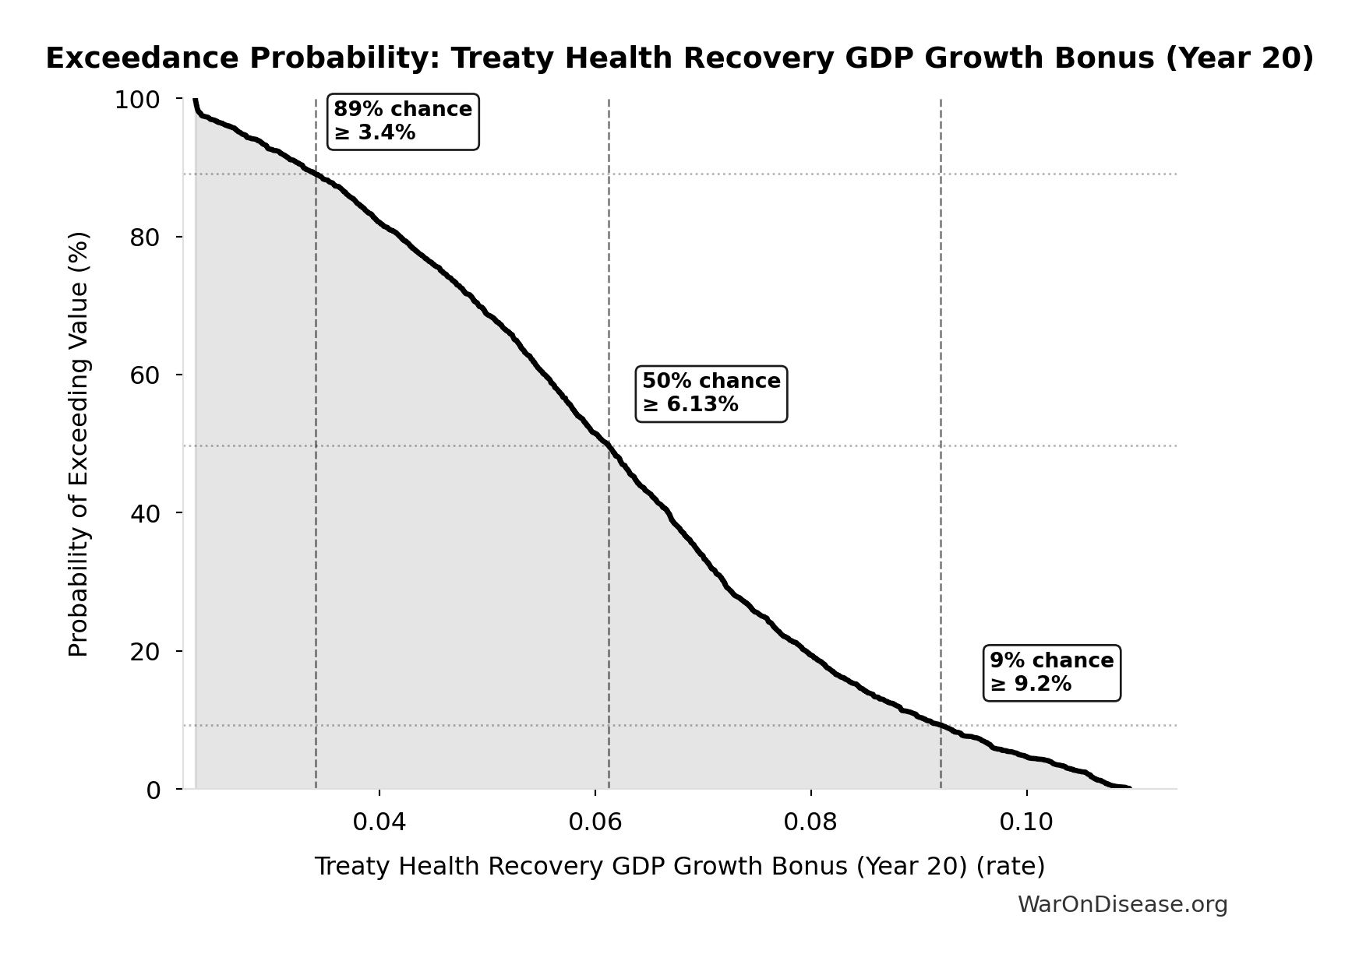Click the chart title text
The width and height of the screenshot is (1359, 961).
[x=679, y=58]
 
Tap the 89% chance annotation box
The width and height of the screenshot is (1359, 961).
[x=402, y=121]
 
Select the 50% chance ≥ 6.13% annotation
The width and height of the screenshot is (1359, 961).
[x=711, y=393]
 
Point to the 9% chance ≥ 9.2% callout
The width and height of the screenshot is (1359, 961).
[x=1051, y=673]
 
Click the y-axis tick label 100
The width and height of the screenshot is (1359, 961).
[x=137, y=100]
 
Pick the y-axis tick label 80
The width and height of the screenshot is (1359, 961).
[x=145, y=238]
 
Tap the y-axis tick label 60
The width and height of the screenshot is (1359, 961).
[x=145, y=375]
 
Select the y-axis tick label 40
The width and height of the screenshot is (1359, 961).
[x=145, y=513]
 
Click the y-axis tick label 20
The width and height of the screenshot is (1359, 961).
[x=145, y=652]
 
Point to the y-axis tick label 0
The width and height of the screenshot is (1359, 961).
[x=154, y=790]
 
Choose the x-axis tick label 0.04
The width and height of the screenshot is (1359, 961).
[x=379, y=822]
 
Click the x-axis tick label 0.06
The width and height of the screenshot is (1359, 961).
[x=595, y=822]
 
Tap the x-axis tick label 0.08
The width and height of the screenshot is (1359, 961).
[x=811, y=822]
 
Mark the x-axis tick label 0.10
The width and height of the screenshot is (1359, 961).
[x=1027, y=822]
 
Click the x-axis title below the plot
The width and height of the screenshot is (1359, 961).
[x=679, y=867]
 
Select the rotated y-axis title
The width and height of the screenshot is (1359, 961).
[x=79, y=444]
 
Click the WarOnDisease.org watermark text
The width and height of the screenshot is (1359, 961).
[x=1122, y=905]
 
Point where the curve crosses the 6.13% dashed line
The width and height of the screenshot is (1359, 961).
[x=609, y=447]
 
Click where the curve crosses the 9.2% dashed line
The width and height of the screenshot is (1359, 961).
[x=941, y=726]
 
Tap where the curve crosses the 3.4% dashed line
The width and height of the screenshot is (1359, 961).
[x=316, y=174]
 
